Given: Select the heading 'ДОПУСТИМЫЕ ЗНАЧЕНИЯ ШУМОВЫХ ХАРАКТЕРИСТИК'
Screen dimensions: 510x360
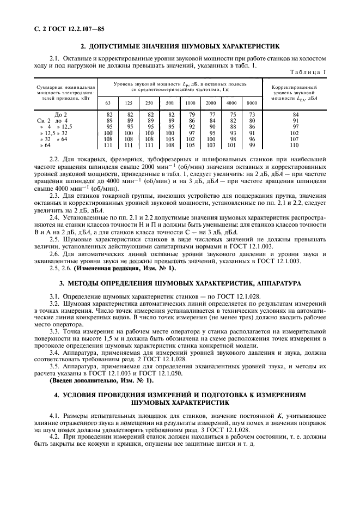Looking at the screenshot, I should coord(180,46).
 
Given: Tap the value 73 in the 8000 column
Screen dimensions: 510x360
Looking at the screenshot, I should coord(252,114).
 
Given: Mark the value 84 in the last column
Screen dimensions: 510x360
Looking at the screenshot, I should coord(296,114).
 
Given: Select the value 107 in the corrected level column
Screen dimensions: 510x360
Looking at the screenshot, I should coord(296,138).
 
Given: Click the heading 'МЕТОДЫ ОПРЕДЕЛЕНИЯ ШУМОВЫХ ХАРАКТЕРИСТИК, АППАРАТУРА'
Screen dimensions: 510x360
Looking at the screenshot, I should coord(180,283).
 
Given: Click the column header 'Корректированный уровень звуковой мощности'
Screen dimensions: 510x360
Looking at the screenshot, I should coord(295,93).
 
